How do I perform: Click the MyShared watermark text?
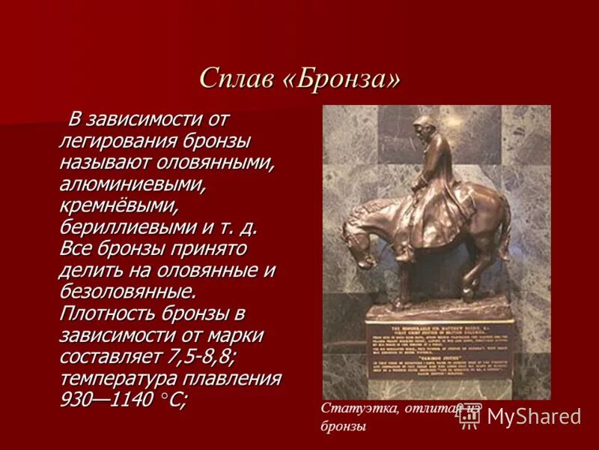click(533, 417)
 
